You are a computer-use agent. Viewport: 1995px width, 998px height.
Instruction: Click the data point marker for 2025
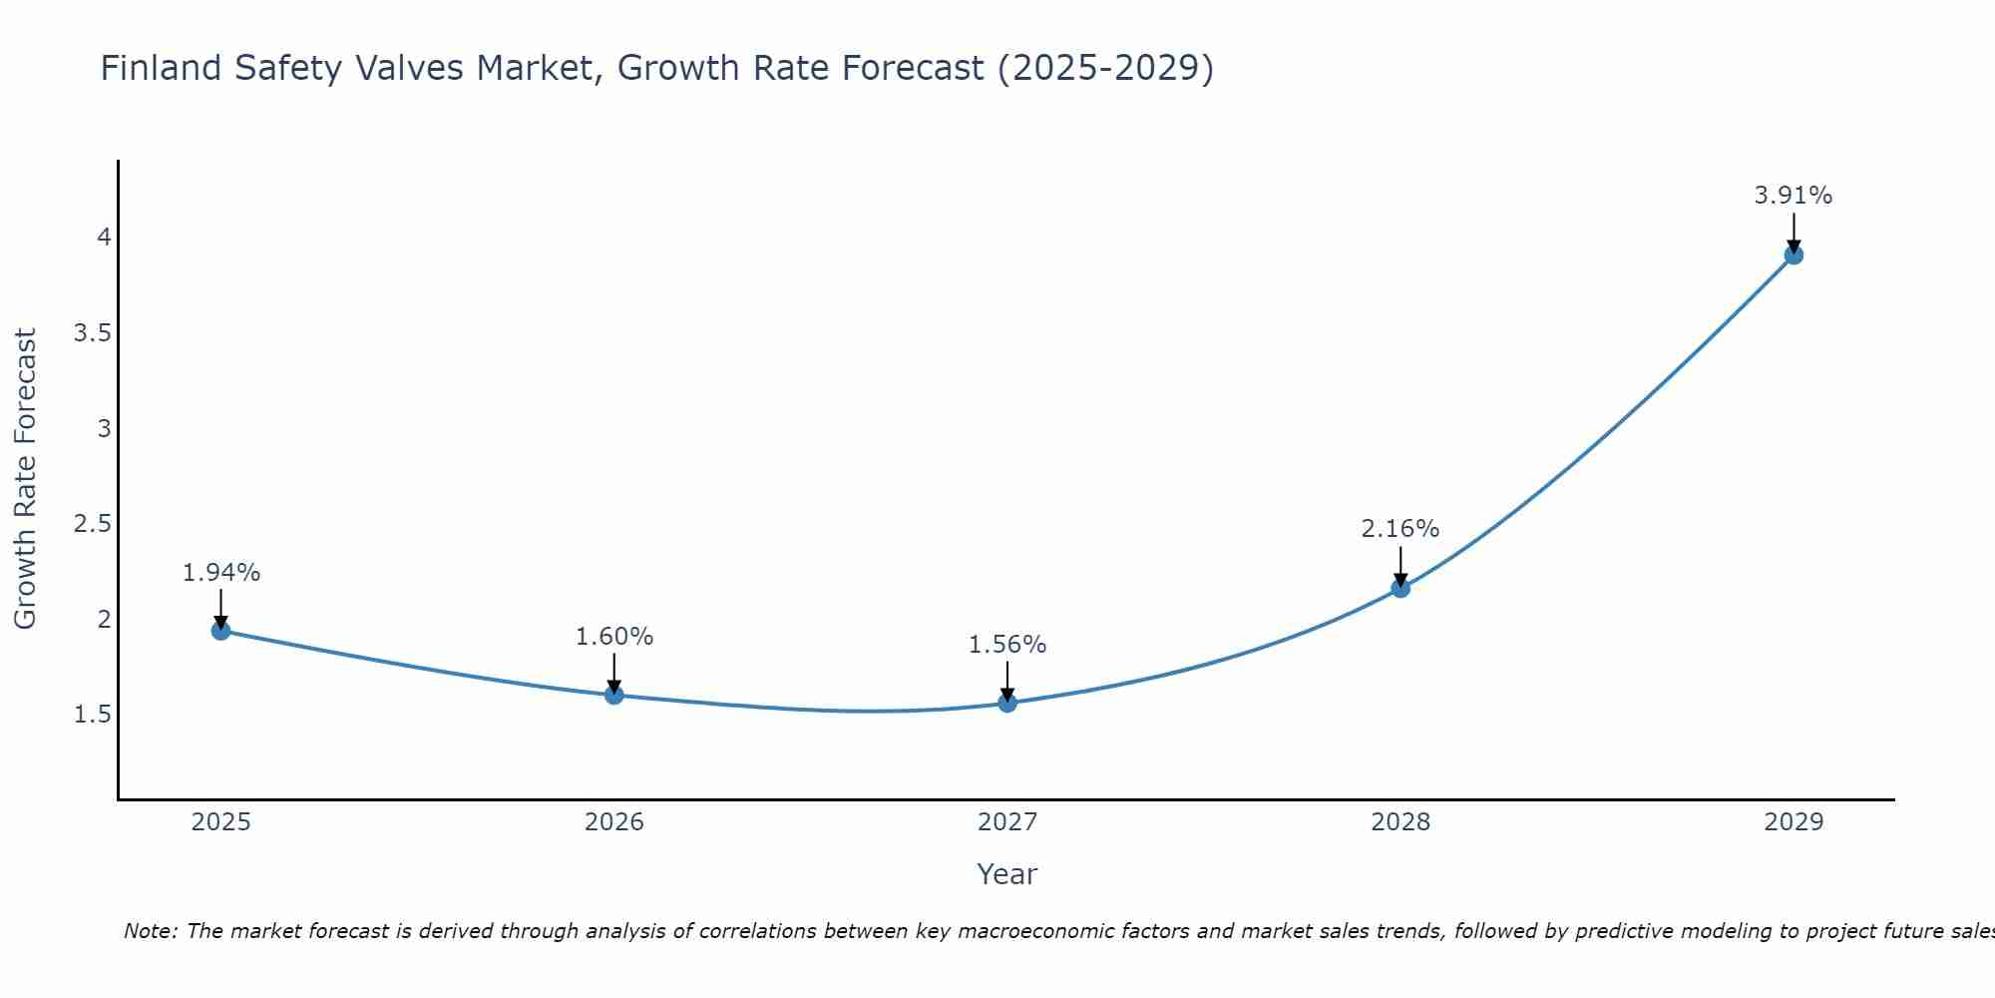pyautogui.click(x=221, y=631)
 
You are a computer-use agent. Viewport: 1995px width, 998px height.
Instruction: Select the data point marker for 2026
pyautogui.click(x=614, y=695)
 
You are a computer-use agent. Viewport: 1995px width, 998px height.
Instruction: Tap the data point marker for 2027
pyautogui.click(x=1007, y=703)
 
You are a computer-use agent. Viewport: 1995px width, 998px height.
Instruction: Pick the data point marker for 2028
pyautogui.click(x=1400, y=588)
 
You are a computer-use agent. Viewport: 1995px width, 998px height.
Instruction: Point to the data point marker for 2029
pyautogui.click(x=1794, y=254)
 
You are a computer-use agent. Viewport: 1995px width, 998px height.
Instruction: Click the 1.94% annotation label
pyautogui.click(x=221, y=573)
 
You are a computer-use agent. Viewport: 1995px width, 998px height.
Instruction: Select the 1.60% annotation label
pyautogui.click(x=614, y=637)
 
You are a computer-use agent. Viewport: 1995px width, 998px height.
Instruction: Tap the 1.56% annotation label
pyautogui.click(x=1007, y=645)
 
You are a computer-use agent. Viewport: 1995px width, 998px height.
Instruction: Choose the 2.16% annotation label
pyautogui.click(x=1400, y=529)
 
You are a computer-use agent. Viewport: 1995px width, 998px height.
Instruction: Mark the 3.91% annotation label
pyautogui.click(x=1794, y=196)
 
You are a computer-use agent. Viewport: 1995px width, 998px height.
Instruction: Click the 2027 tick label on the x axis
pyautogui.click(x=1007, y=822)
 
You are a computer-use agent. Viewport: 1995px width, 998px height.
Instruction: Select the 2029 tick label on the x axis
pyautogui.click(x=1794, y=822)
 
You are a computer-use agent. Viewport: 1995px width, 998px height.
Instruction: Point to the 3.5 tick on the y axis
pyautogui.click(x=92, y=333)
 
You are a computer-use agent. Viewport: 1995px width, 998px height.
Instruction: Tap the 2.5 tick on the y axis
pyautogui.click(x=92, y=524)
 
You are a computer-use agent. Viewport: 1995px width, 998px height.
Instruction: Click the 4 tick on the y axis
pyautogui.click(x=104, y=238)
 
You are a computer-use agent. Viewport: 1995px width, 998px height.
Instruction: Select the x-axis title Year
pyautogui.click(x=1007, y=874)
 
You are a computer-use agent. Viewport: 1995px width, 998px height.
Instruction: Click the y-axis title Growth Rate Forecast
pyautogui.click(x=25, y=479)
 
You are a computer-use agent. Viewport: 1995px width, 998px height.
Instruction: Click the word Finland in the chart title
pyautogui.click(x=161, y=68)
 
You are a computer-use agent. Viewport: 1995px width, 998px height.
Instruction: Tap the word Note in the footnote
pyautogui.click(x=150, y=931)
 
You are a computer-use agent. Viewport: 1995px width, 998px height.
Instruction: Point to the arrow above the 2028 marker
pyautogui.click(x=1400, y=566)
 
